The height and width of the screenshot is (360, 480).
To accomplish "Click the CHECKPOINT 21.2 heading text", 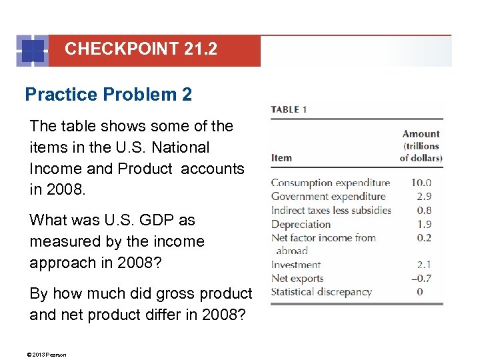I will pos(141,49).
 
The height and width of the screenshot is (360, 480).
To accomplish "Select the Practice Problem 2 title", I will pos(108,95).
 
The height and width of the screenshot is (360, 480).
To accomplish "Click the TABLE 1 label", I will pos(289,109).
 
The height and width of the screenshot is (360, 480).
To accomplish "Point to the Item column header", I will pos(281,158).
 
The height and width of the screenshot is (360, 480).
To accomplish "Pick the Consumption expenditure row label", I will pos(330,183).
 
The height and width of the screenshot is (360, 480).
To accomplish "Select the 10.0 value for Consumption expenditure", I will pos(421,183).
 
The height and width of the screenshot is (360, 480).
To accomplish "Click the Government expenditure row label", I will pos(328,197).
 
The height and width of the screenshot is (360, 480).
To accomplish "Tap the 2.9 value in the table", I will pos(424,197).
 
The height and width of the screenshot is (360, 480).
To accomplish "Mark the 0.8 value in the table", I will pos(424,211).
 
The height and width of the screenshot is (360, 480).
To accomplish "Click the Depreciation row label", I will pos(301,225).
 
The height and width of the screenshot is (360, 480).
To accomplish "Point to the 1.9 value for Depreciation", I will pos(424,225).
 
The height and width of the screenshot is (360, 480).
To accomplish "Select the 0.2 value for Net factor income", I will pos(424,238).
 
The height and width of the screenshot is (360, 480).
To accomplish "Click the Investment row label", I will pos(296,265).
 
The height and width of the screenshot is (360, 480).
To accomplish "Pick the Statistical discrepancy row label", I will pos(321,292).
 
